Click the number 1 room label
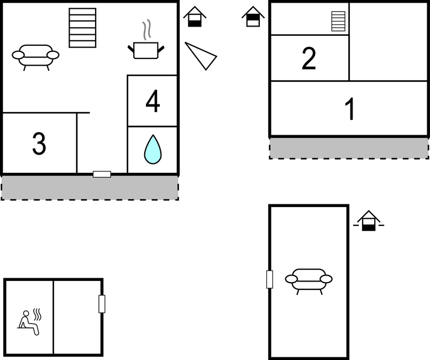(x=350, y=109)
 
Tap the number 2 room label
(x=309, y=59)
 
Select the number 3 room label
(x=39, y=144)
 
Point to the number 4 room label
(x=153, y=101)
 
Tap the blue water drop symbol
(x=153, y=149)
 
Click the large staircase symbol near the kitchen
(x=82, y=28)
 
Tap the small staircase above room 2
(x=338, y=21)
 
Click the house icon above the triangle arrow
(x=195, y=17)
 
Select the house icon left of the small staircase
(x=253, y=17)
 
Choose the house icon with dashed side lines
(x=369, y=221)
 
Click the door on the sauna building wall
(x=102, y=304)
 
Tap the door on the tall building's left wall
(x=270, y=279)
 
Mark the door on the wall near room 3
(x=102, y=174)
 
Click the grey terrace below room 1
(x=349, y=148)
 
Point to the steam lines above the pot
(x=146, y=30)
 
